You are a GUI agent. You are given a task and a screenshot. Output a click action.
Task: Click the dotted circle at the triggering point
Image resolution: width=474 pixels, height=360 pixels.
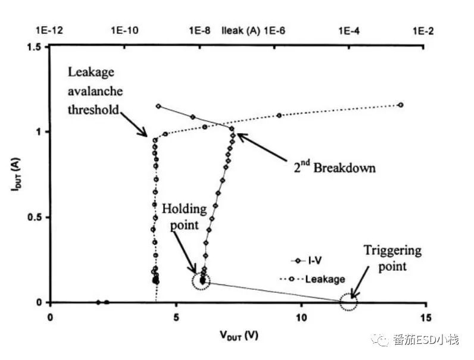tap(348, 302)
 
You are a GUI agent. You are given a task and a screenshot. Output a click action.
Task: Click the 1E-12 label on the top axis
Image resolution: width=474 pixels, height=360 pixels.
tap(48, 30)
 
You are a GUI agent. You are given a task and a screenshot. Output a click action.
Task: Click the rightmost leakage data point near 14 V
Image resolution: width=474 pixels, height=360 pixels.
tap(401, 105)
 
